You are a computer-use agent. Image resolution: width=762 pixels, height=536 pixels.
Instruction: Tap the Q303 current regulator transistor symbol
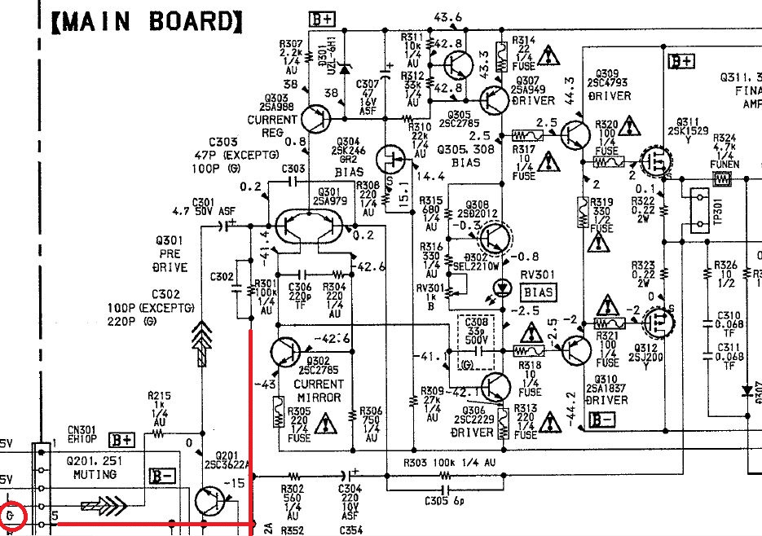tap(315, 119)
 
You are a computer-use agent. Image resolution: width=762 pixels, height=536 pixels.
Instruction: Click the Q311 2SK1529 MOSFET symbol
tap(653, 162)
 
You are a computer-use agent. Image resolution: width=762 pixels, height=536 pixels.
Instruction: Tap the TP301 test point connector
tap(697, 209)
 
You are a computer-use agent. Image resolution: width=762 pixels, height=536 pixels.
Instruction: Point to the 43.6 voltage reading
tap(447, 16)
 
